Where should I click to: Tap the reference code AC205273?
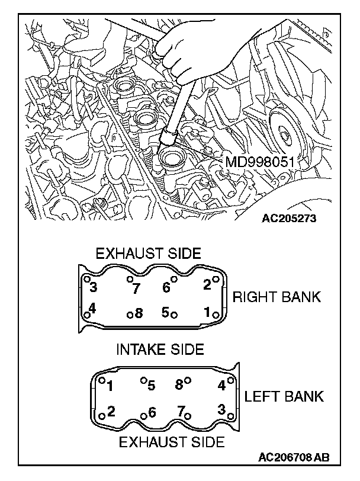[x=289, y=217]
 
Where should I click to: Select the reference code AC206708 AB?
[x=294, y=457]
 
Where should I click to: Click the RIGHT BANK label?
[x=277, y=297]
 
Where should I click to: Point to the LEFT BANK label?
[x=284, y=396]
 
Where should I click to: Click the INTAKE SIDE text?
[x=159, y=349]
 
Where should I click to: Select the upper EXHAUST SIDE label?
[x=148, y=254]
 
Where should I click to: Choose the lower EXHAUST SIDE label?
[x=172, y=441]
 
